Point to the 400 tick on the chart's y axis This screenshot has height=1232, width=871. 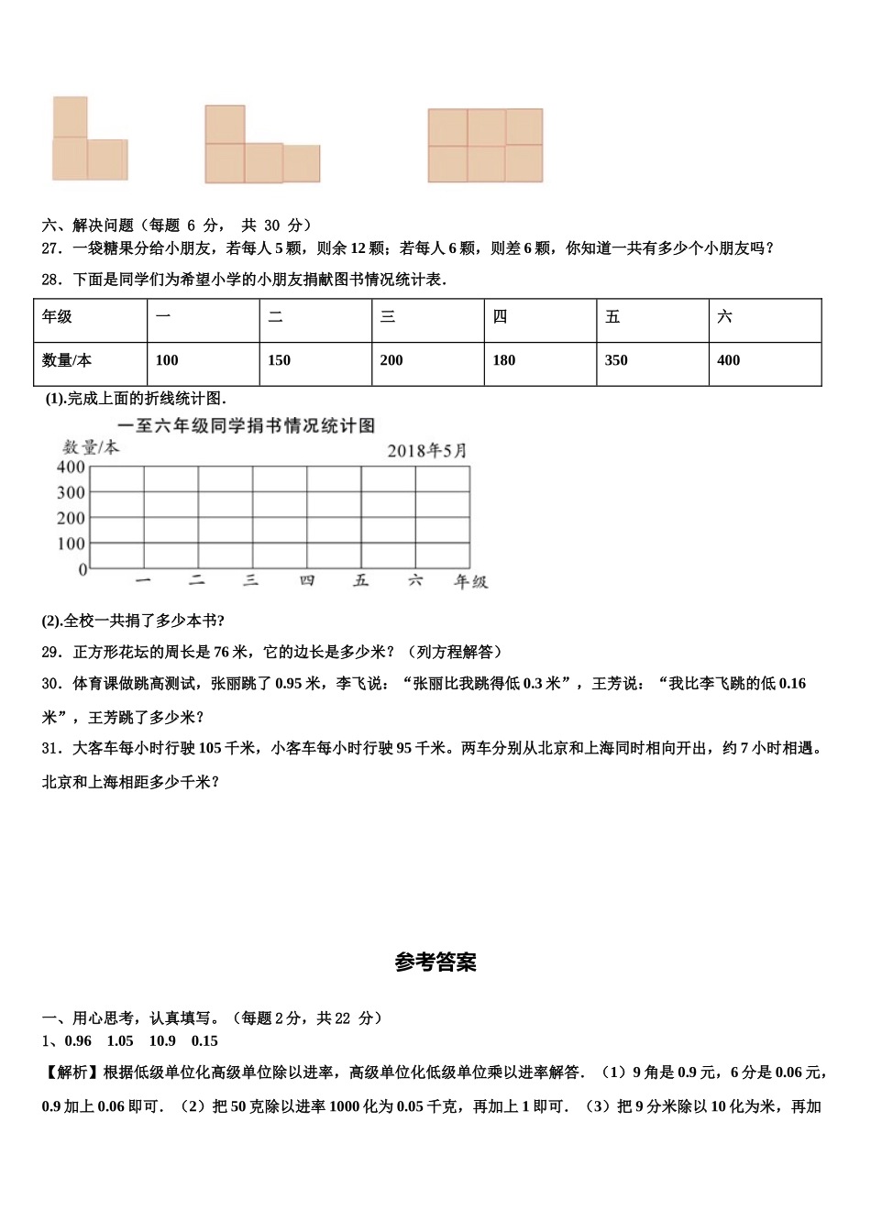tap(71, 467)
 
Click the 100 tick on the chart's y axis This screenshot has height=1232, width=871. tap(71, 544)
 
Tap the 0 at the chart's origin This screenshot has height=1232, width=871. tap(83, 569)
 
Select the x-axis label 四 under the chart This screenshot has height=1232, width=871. tap(307, 581)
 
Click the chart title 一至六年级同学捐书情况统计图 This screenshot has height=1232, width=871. tap(247, 425)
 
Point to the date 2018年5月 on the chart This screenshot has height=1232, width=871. tap(426, 450)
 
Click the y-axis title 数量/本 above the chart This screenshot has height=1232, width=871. tap(90, 447)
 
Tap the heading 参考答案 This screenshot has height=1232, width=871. tap(435, 962)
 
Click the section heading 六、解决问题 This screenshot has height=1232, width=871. tap(88, 225)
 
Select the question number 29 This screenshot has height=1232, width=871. tap(51, 652)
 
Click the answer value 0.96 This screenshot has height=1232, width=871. tap(78, 1040)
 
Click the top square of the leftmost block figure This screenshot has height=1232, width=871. tap(70, 117)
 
